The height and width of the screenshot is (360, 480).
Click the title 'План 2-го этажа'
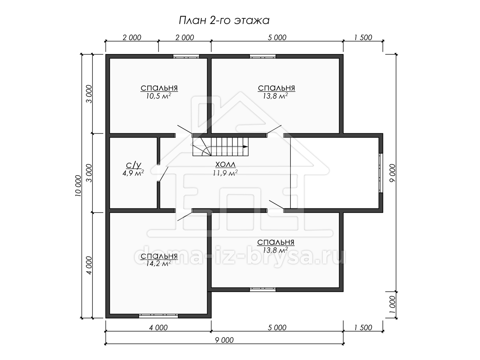tap(224, 20)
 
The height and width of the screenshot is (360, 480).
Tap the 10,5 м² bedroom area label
tap(158, 96)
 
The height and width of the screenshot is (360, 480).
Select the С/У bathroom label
tap(133, 165)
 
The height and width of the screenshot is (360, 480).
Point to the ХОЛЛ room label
tap(225, 164)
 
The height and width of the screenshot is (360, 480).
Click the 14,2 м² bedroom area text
tap(158, 264)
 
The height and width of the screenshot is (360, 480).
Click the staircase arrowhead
tap(246, 146)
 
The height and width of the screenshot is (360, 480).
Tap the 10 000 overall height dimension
tap(78, 186)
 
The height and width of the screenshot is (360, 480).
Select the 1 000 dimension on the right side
tap(393, 305)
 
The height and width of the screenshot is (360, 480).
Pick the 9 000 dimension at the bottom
tap(224, 340)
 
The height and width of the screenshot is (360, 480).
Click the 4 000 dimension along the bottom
tap(158, 328)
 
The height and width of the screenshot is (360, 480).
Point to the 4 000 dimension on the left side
tap(89, 265)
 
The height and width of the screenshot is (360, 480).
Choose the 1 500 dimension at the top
tap(363, 38)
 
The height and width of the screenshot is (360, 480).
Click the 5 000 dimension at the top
tap(277, 38)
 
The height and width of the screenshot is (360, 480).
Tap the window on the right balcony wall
tap(381, 173)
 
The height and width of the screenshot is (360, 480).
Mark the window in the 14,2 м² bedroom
tap(158, 316)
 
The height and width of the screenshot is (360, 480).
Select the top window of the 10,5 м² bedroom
tap(186, 56)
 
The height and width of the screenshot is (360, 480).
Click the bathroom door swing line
tap(164, 174)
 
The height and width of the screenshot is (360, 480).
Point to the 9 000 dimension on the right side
tap(393, 173)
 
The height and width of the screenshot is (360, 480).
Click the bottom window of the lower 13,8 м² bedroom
tap(263, 290)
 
